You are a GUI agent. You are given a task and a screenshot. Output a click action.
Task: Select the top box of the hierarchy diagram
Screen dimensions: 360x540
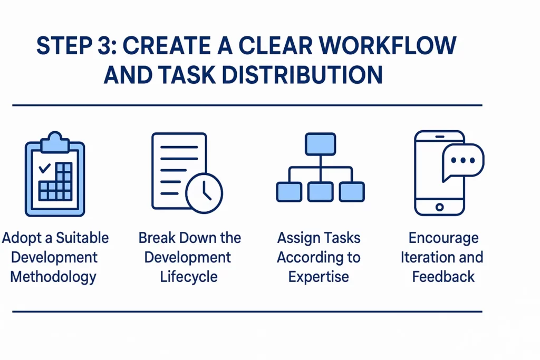320,143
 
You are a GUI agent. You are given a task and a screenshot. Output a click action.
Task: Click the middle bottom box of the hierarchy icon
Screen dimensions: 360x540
320,191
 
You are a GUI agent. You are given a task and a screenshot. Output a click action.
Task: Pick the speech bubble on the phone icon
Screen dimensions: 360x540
462,161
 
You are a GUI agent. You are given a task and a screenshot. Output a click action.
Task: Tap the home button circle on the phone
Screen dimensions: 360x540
440,207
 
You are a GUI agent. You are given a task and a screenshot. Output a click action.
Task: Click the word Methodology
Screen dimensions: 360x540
53,277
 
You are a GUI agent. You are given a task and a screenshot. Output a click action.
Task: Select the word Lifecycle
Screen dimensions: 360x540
188,277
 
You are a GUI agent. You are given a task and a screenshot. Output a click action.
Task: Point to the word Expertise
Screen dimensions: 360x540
319,277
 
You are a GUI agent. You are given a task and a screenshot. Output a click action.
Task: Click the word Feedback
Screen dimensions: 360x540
443,277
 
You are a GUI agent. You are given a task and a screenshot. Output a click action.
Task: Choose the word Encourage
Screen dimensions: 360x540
443,238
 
